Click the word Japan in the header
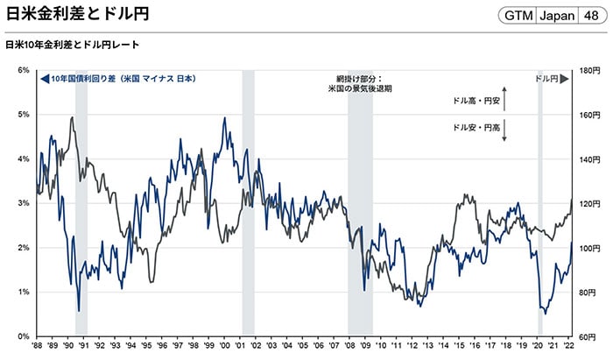pyautogui.click(x=555, y=16)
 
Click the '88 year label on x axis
pyautogui.click(x=38, y=348)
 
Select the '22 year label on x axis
pyautogui.click(x=569, y=348)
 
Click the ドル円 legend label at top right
pyautogui.click(x=546, y=79)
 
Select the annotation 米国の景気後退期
pyautogui.click(x=360, y=88)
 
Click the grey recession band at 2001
pyautogui.click(x=248, y=201)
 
